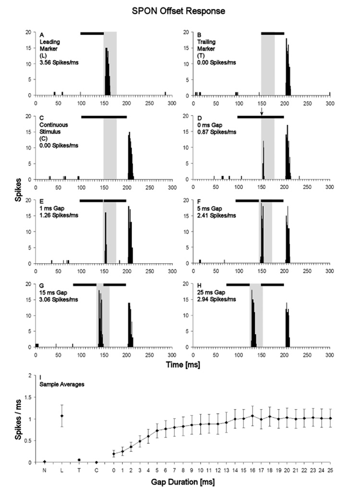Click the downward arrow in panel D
point(262,112)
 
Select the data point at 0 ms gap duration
point(114,454)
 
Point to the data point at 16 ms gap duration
point(252,416)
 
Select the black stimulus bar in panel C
point(104,117)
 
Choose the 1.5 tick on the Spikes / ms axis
point(31,397)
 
